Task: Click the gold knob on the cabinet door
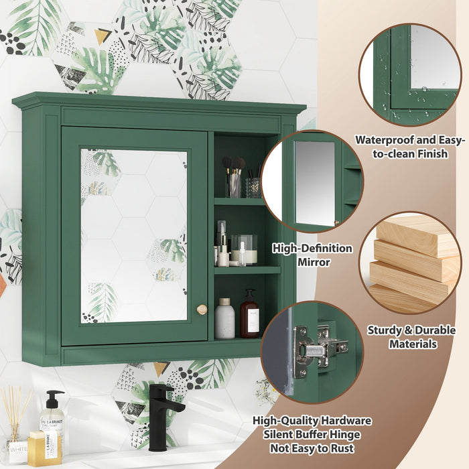point(202,309)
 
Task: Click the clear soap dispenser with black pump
point(52,422)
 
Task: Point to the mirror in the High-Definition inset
point(315,182)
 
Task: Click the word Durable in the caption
point(431,330)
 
